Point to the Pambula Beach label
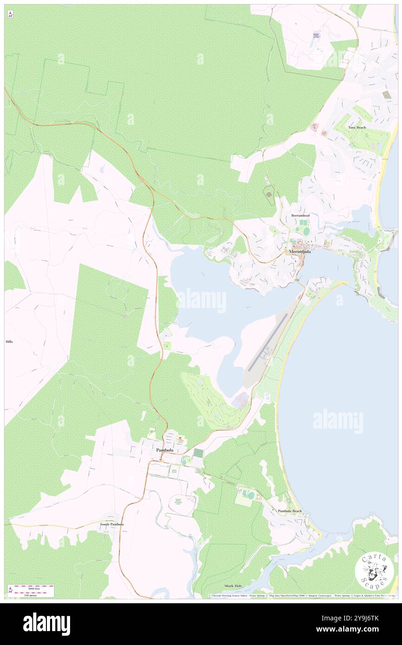click(x=290, y=511)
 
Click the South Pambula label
click(x=112, y=524)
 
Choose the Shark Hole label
click(x=233, y=586)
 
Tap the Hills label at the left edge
click(x=9, y=342)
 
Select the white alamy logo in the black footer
click(x=46, y=624)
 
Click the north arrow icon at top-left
click(x=10, y=15)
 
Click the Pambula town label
click(x=165, y=450)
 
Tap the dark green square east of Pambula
click(x=198, y=452)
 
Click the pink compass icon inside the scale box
click(x=11, y=590)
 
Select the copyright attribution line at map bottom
click(x=302, y=596)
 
